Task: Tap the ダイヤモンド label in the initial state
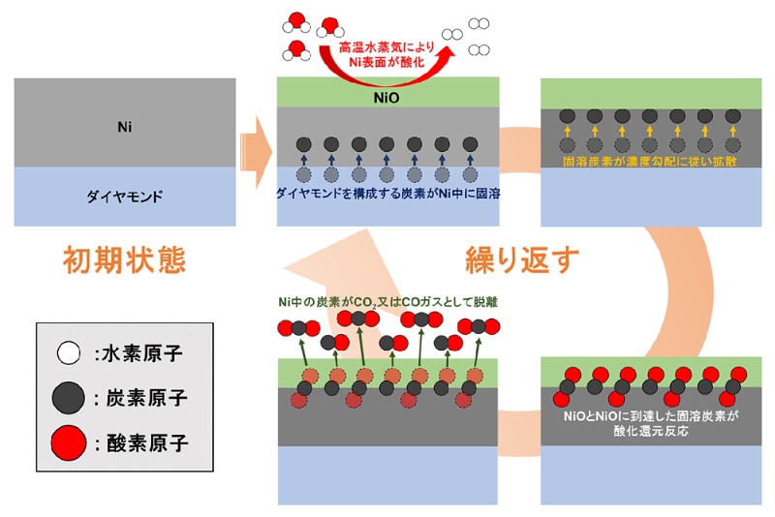coord(124,196)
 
